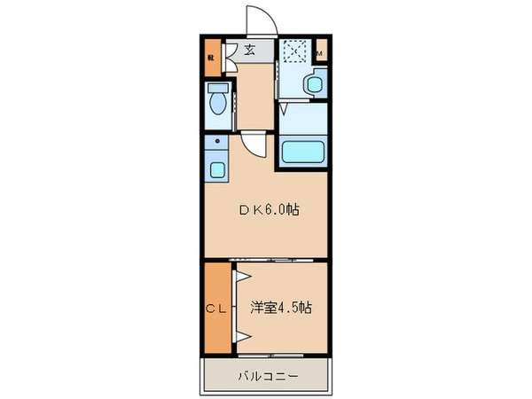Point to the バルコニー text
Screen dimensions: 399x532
coord(267,376)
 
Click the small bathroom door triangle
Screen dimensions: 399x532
coord(282,110)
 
